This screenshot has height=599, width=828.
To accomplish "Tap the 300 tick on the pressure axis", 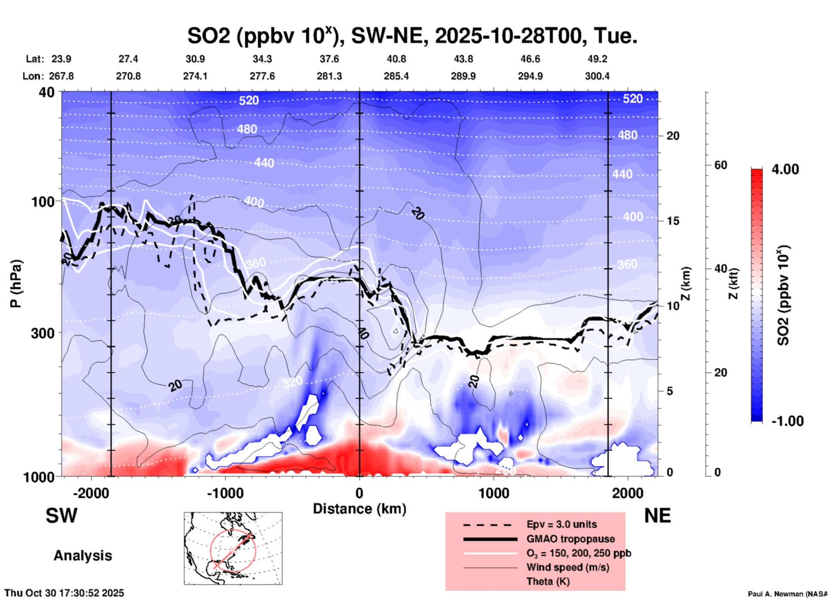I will pyautogui.click(x=43, y=333).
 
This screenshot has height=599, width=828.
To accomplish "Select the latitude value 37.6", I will pyautogui.click(x=329, y=59).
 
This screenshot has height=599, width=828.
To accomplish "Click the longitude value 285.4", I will pyautogui.click(x=396, y=76).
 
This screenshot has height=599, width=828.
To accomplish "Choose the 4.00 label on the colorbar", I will pyautogui.click(x=785, y=169).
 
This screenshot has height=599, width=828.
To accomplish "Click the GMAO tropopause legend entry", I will pyautogui.click(x=570, y=539).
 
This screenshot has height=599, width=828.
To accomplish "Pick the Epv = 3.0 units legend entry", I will pyautogui.click(x=561, y=524).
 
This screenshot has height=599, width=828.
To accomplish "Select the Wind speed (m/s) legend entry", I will pyautogui.click(x=567, y=567).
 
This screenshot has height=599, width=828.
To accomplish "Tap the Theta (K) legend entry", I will pyautogui.click(x=548, y=581).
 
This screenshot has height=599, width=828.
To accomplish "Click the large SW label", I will pyautogui.click(x=61, y=516).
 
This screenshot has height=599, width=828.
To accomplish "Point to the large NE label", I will pyautogui.click(x=657, y=516).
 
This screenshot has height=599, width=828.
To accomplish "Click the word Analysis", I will pyautogui.click(x=83, y=556).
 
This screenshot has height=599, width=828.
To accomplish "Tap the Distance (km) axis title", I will pyautogui.click(x=359, y=509).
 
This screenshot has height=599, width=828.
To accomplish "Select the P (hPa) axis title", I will pyautogui.click(x=16, y=284).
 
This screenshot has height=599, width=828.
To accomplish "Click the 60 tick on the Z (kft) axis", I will pyautogui.click(x=721, y=165).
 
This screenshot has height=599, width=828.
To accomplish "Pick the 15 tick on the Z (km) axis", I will pyautogui.click(x=672, y=221).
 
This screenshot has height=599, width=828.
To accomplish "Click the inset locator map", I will pyautogui.click(x=233, y=548).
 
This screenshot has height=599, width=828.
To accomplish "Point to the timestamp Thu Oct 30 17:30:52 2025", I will pyautogui.click(x=64, y=593).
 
